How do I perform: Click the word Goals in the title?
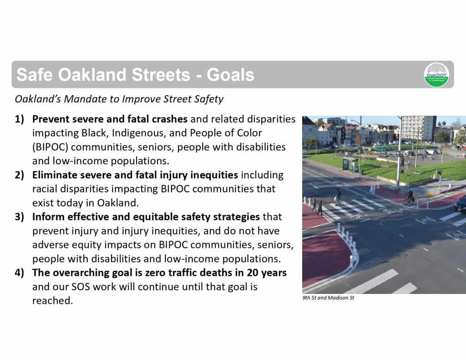(230, 75)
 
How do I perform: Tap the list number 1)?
(19, 119)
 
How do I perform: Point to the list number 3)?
(19, 217)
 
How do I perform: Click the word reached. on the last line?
(53, 300)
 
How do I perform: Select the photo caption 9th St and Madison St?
(328, 298)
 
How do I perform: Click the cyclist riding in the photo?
(410, 197)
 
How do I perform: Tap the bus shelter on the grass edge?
(351, 165)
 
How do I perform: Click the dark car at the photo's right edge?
(461, 204)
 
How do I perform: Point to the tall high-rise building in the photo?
(419, 128)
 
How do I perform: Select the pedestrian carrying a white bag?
(338, 197)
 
